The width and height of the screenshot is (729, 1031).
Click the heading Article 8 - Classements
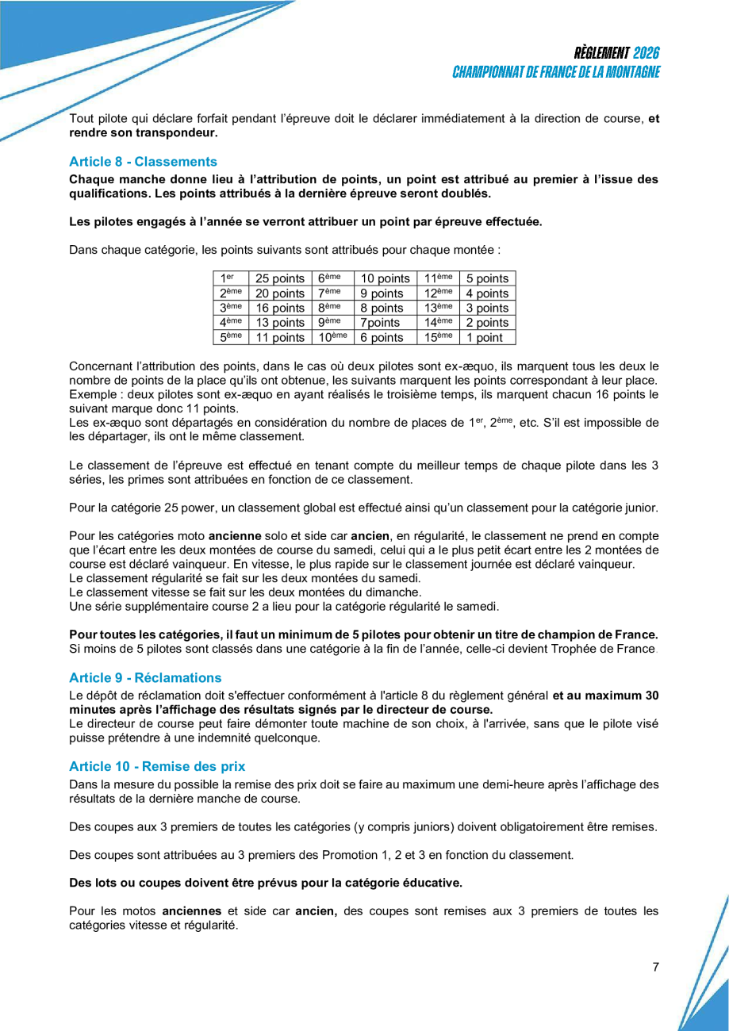[x=143, y=161]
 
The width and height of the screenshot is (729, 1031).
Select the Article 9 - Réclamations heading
[x=145, y=677]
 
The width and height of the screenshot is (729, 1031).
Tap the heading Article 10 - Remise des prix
[x=157, y=766]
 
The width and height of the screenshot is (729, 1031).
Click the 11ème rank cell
[x=438, y=278]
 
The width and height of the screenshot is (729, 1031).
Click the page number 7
[x=656, y=967]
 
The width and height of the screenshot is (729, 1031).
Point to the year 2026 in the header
[x=647, y=53]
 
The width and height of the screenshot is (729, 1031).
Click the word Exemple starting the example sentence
[x=94, y=394]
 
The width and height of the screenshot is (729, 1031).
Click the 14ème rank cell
[x=438, y=323]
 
